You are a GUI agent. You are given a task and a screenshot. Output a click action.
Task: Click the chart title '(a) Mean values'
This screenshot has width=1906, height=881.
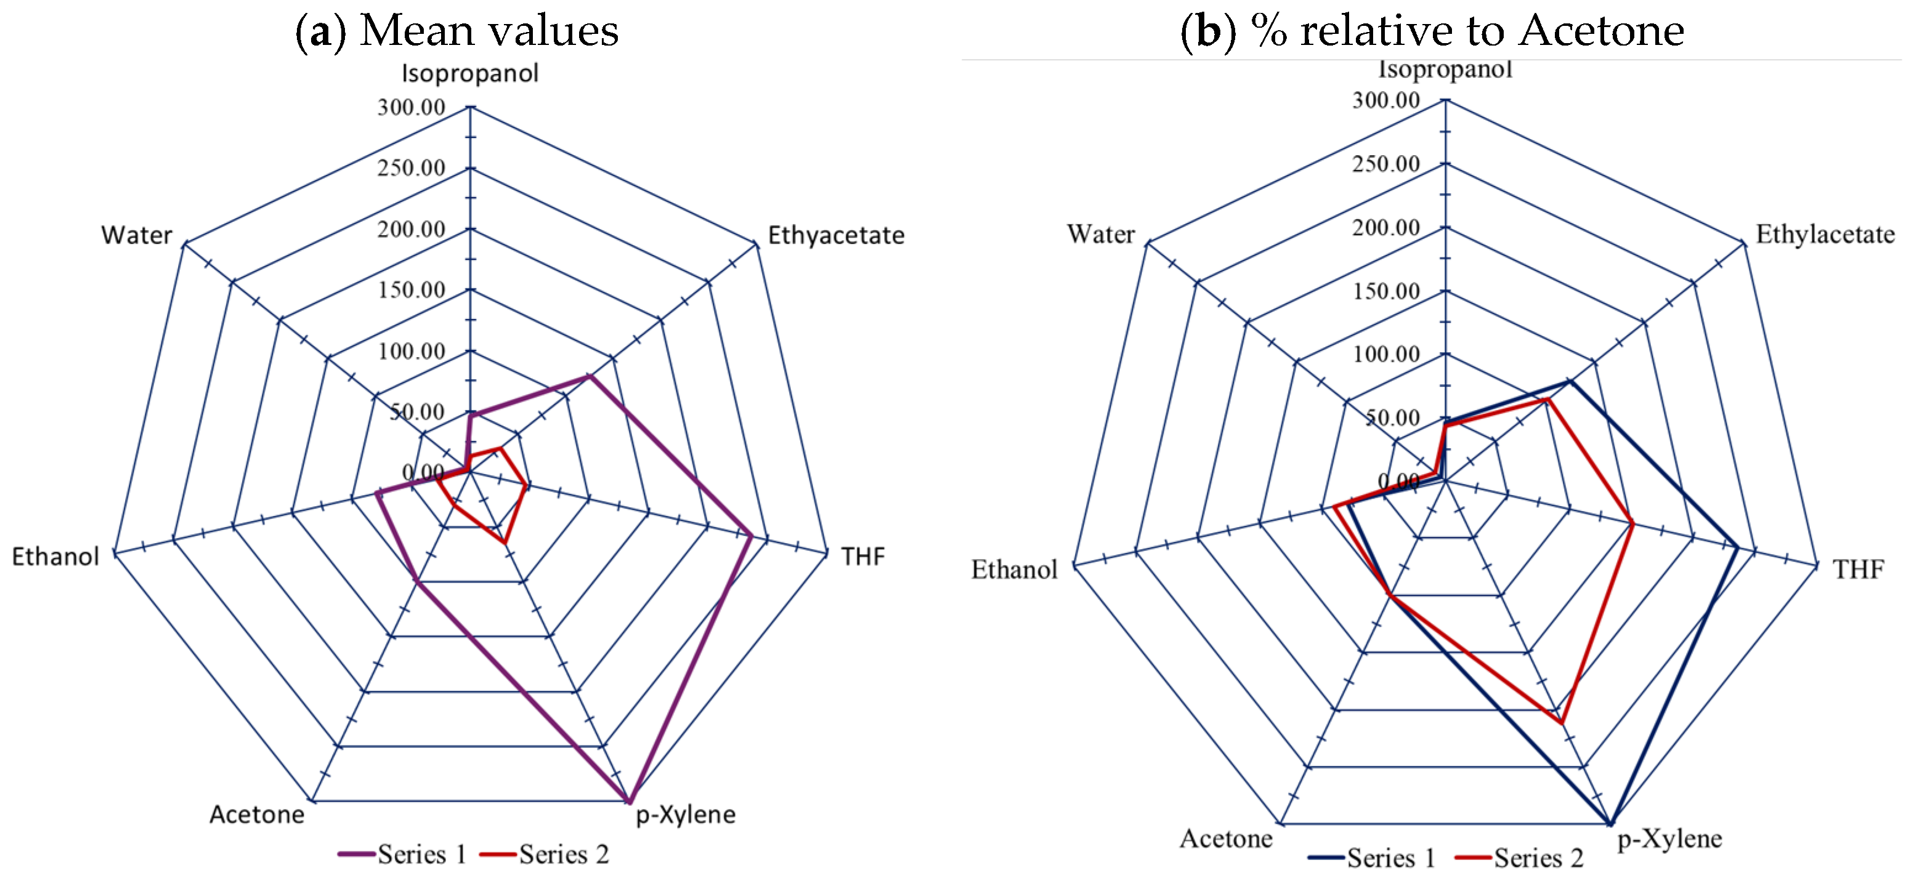coord(456,30)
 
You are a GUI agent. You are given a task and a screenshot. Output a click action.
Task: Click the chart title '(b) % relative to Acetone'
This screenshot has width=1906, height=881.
coord(1432,30)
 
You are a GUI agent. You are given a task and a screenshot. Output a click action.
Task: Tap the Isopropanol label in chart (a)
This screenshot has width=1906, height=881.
coord(470,73)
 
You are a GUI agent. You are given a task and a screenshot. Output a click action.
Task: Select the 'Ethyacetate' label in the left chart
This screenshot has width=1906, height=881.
coord(836,235)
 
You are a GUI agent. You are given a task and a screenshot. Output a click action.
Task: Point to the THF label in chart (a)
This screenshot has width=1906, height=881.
coord(862,557)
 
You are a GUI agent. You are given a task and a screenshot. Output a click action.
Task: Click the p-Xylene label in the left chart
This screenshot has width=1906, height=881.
coord(686,815)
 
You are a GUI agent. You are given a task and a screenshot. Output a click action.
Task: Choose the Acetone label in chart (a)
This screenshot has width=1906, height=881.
coord(257,815)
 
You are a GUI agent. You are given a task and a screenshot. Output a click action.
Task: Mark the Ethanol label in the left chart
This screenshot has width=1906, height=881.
coord(55,557)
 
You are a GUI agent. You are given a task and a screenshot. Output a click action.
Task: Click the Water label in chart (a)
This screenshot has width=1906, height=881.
coord(137,235)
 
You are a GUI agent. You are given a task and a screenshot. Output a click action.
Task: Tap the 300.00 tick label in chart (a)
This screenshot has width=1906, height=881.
coord(412,107)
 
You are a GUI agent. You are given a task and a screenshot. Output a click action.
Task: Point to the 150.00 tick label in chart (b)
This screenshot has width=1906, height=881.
coord(1386,291)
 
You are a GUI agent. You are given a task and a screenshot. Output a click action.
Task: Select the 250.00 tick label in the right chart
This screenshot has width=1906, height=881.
coord(1386,164)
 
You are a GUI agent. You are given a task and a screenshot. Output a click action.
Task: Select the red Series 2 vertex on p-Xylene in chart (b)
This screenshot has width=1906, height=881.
coord(1561,723)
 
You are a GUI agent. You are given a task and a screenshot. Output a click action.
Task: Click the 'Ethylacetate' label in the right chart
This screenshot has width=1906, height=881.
coord(1825,235)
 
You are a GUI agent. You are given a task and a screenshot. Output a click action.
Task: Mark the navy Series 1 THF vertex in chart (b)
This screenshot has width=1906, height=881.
coord(1737,548)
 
